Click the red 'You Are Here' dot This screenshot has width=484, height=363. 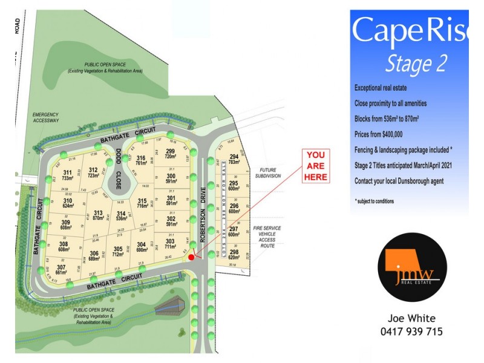click(191, 257)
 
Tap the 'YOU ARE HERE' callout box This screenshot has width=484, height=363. click(316, 166)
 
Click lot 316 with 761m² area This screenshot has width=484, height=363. click(141, 160)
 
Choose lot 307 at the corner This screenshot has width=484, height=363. click(61, 270)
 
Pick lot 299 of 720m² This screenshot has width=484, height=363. click(171, 154)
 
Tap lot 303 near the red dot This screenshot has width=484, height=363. click(171, 244)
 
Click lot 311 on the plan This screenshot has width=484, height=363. click(67, 175)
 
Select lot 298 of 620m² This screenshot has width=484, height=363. click(234, 255)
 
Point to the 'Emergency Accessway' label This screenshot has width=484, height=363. click(46, 117)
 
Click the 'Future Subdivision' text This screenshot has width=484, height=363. click(270, 173)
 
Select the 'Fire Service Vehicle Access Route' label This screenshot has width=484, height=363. click(267, 237)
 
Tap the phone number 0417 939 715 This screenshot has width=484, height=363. click(411, 332)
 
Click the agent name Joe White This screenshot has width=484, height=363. click(411, 318)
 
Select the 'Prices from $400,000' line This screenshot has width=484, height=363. click(379, 134)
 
